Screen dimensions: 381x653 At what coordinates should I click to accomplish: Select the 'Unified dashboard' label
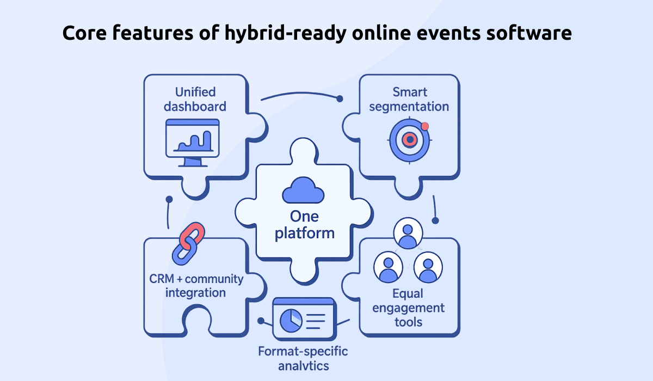195,99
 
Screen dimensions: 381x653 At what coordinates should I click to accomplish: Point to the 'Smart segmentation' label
409,99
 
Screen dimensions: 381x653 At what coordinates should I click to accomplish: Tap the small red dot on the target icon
425,126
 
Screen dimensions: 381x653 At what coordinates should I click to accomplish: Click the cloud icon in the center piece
304,191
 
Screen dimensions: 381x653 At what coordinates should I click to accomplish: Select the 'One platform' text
304,225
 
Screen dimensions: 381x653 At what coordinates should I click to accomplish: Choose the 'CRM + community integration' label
196,286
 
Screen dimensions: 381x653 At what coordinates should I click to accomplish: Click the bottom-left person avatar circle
388,267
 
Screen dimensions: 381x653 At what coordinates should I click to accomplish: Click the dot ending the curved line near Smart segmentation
340,99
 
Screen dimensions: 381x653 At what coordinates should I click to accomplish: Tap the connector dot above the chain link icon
169,200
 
